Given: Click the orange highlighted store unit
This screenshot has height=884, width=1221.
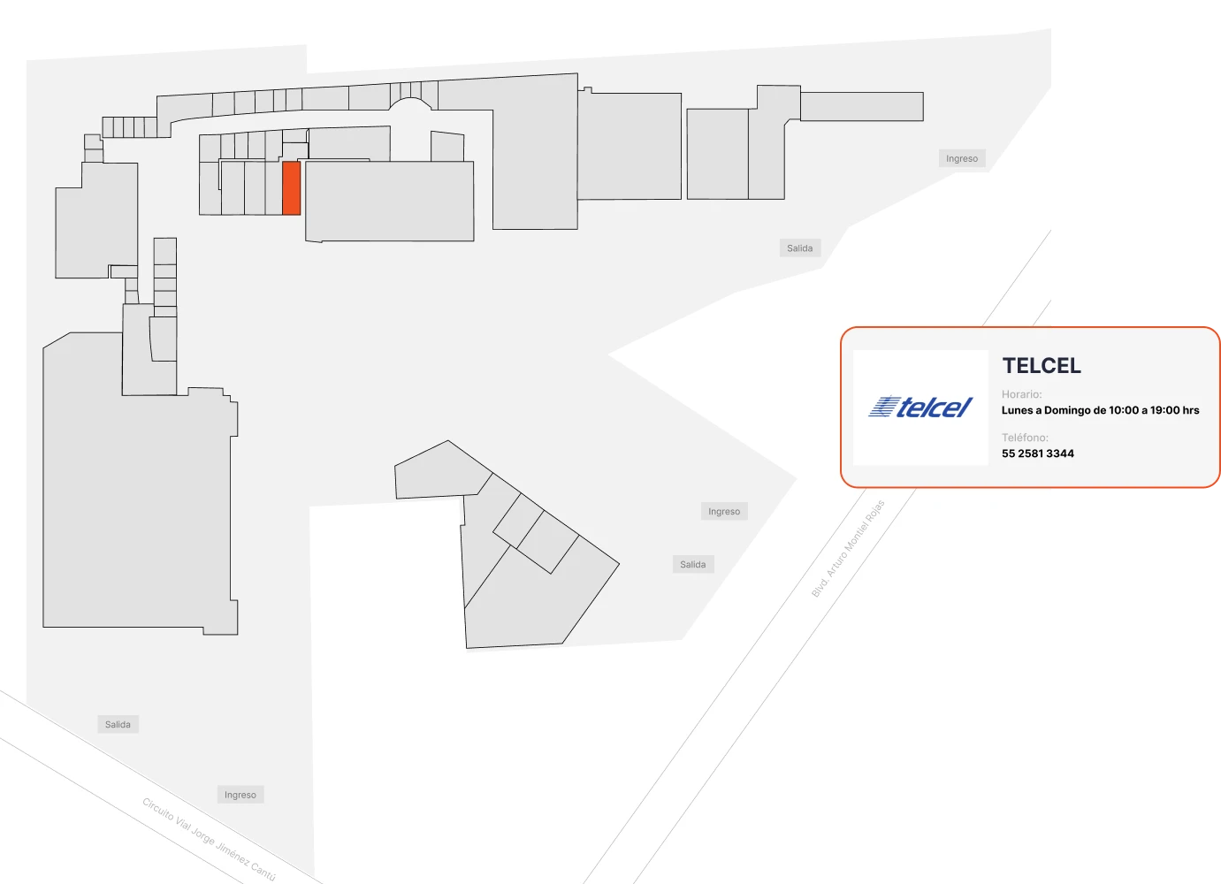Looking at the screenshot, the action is (291, 188).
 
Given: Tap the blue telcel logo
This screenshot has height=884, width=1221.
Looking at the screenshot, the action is (920, 408).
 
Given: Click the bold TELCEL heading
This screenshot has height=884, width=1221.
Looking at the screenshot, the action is (1042, 366).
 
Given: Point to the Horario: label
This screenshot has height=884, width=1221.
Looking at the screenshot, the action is (1021, 394).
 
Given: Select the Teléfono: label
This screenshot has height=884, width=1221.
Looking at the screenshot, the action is (1025, 437).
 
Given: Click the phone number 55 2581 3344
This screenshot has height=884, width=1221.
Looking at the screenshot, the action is (1037, 453).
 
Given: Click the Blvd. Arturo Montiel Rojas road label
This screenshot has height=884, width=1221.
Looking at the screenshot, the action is (848, 548).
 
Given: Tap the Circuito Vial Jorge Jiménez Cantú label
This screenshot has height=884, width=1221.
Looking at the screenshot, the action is (209, 839).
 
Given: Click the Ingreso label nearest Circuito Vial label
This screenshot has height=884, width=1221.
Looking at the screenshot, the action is (240, 795).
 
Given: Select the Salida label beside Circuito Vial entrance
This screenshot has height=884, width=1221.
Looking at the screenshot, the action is (118, 724).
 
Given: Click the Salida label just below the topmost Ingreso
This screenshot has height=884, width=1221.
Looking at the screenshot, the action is (799, 248).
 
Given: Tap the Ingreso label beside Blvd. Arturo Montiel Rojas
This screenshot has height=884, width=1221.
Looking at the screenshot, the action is (724, 511).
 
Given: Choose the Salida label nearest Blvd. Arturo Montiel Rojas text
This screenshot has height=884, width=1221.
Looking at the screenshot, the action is (693, 564).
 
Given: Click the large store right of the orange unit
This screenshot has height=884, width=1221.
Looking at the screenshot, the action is (389, 201).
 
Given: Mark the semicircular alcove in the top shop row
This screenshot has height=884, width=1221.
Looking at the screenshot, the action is (412, 104).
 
